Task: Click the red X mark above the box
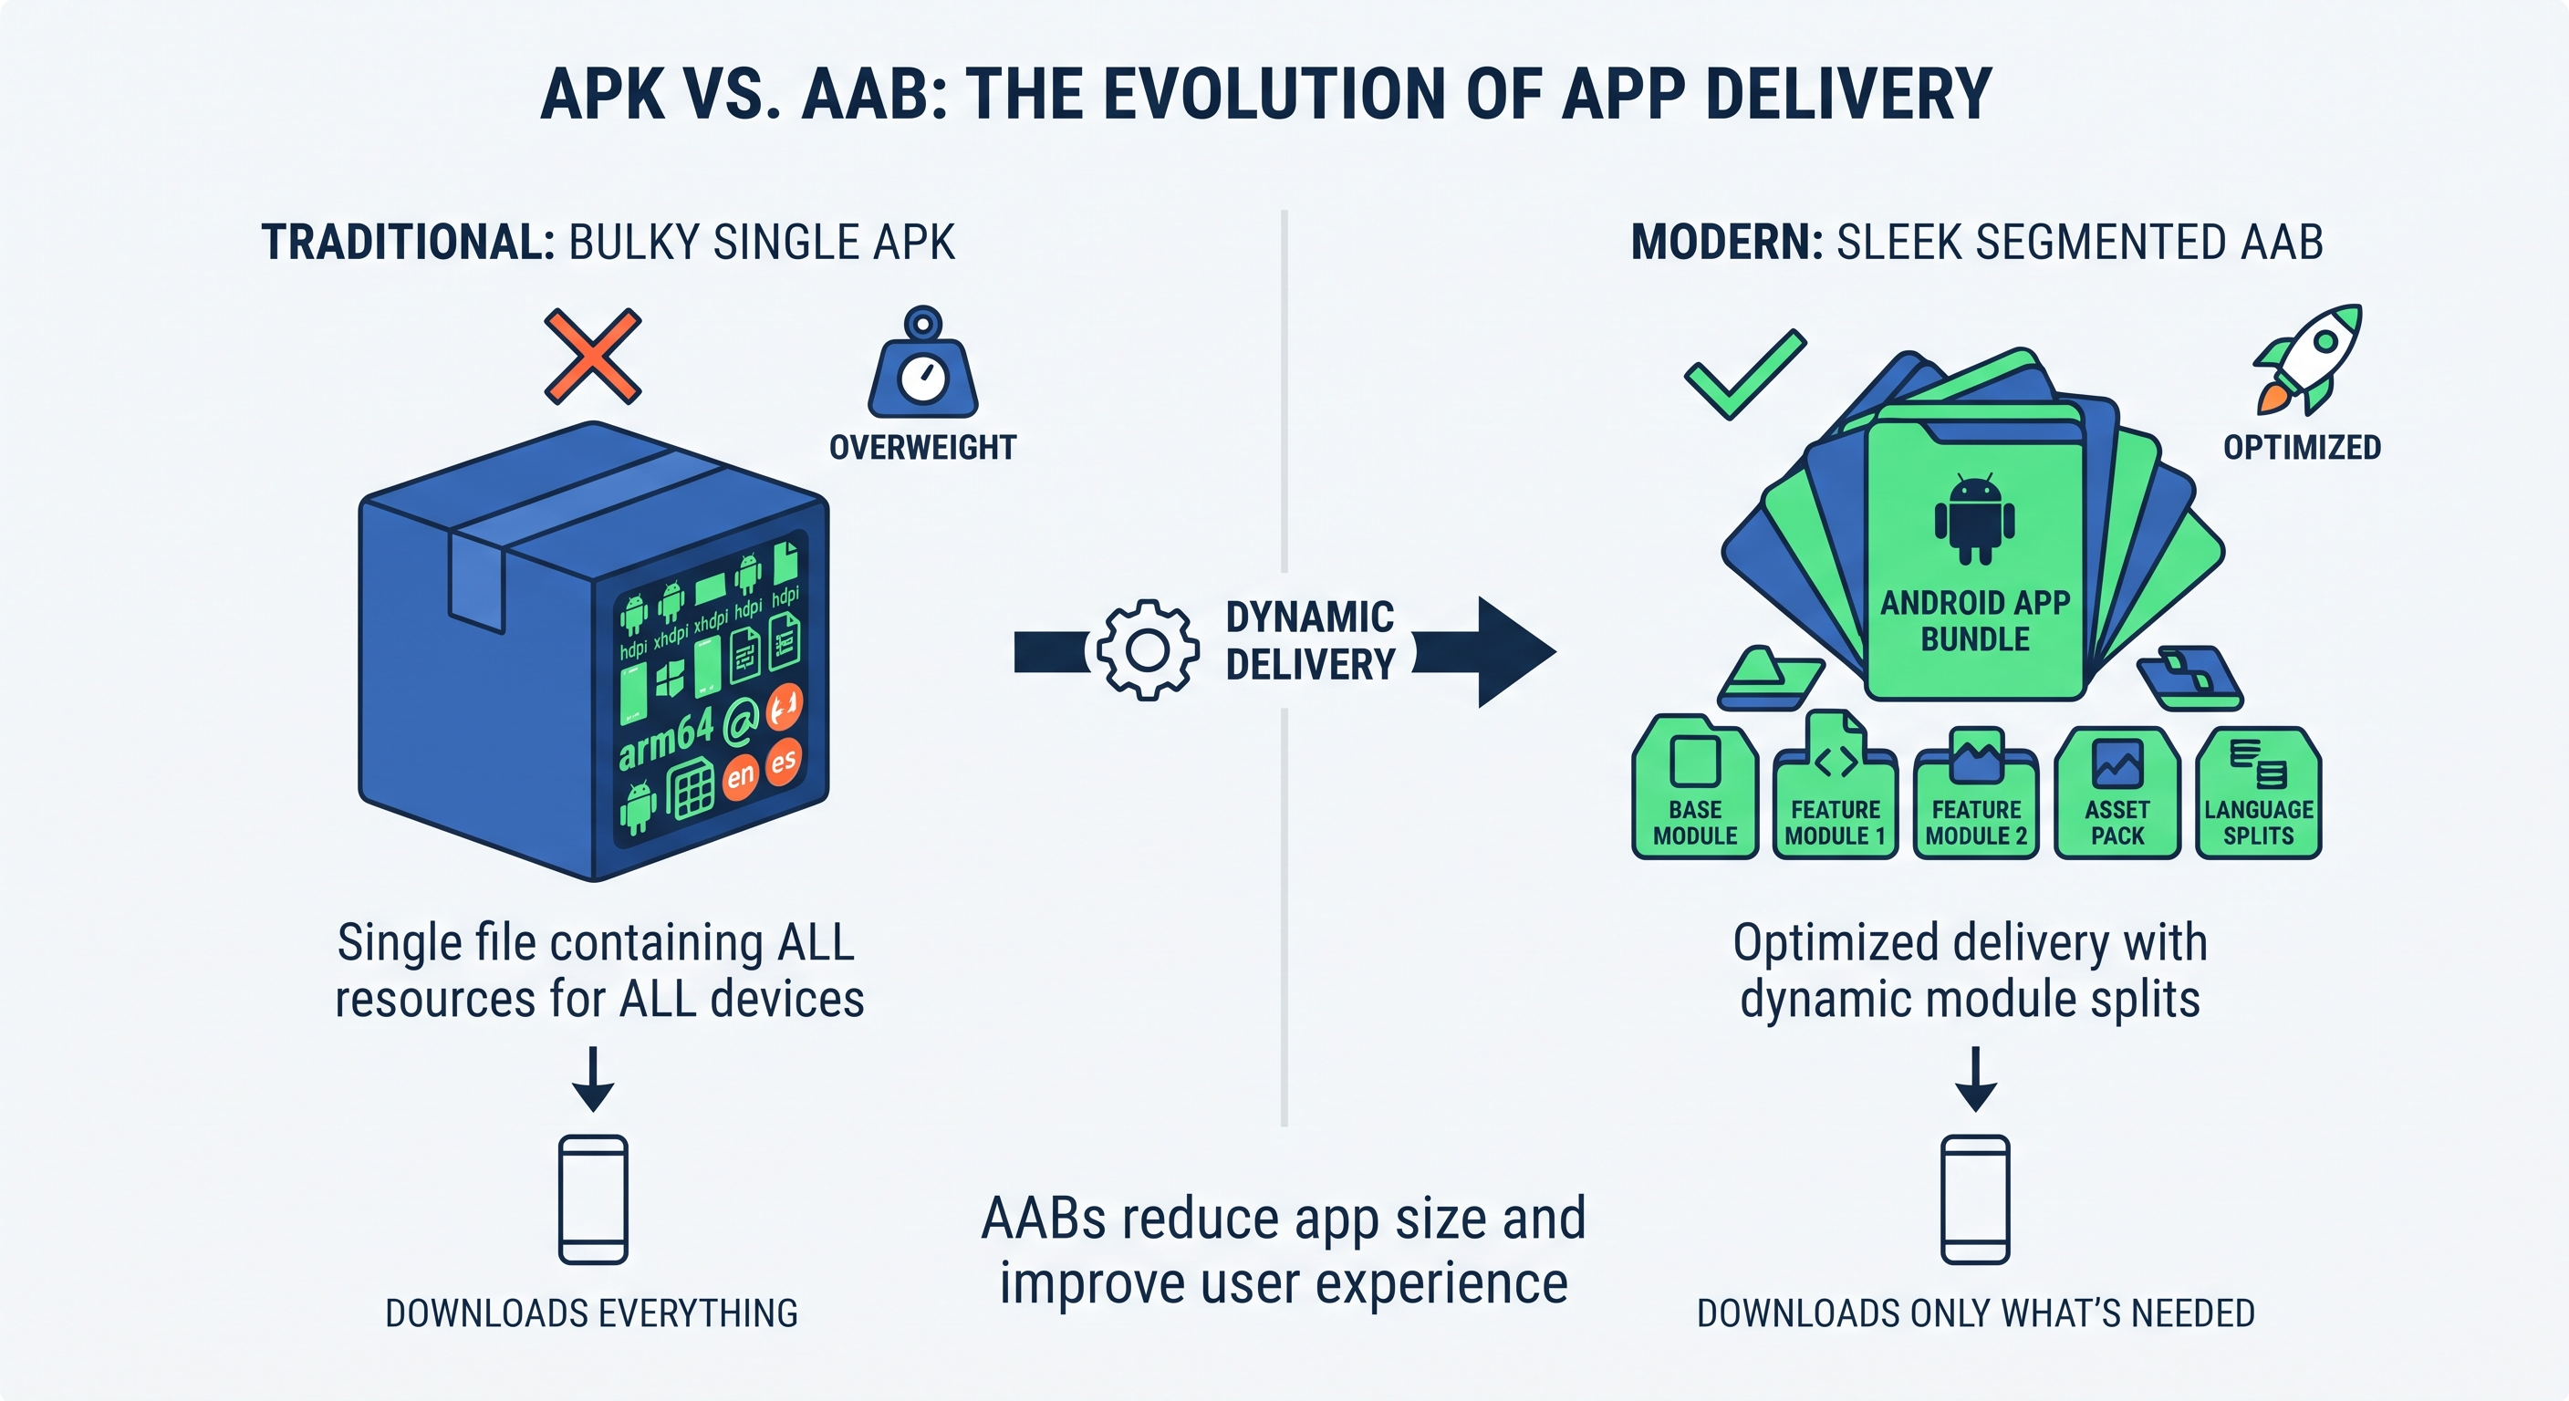tap(592, 356)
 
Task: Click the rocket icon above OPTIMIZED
tap(2309, 359)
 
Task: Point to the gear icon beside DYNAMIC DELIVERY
tap(1148, 650)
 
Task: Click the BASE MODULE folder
tap(1694, 787)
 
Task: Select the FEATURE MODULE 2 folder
tap(1976, 792)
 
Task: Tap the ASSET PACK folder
tap(2117, 793)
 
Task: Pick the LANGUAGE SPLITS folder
tap(2259, 793)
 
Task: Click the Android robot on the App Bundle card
tap(1974, 518)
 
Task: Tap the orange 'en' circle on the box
tap(741, 776)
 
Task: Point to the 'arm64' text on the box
tap(666, 738)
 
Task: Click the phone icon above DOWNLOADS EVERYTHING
tap(593, 1199)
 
